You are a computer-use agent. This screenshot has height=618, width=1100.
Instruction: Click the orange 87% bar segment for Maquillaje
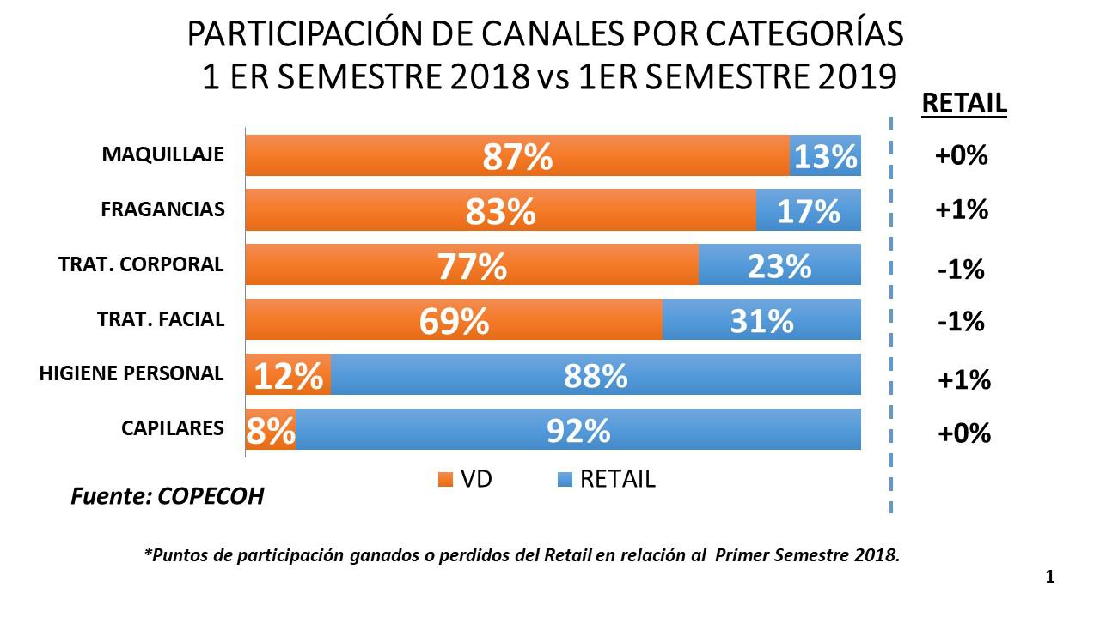point(517,156)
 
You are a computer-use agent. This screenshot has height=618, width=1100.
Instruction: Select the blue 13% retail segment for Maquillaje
point(825,156)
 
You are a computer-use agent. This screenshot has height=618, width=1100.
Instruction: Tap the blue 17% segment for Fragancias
point(808,211)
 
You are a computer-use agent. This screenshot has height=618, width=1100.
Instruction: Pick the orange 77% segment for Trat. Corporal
point(472,265)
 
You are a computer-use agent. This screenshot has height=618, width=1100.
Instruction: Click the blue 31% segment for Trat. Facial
point(761,320)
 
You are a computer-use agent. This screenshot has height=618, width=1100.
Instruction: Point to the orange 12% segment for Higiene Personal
point(288,375)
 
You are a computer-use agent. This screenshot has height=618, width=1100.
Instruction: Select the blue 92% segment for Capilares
point(578,429)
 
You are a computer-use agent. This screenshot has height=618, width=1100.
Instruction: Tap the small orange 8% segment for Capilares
point(271,429)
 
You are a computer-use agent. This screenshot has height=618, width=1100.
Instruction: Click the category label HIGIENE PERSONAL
point(131,373)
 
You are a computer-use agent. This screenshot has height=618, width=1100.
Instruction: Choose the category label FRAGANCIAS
point(162,209)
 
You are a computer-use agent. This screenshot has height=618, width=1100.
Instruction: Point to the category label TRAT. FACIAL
point(161,319)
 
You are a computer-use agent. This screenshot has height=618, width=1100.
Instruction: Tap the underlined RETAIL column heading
point(963,104)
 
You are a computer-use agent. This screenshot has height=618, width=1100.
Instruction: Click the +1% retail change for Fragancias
point(962,209)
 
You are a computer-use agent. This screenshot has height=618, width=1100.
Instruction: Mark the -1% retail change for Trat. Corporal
point(961,270)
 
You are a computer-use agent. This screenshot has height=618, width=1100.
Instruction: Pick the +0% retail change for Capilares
point(962,433)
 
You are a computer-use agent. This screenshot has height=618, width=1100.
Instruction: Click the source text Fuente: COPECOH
point(167,497)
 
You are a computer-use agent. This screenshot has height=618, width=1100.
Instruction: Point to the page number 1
point(1049,578)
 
